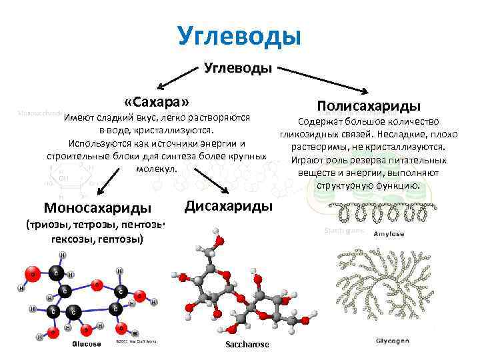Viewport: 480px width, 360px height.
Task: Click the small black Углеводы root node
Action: click(x=237, y=68)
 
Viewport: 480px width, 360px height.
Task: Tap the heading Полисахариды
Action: click(x=368, y=106)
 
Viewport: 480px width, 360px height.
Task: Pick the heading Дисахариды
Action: click(x=229, y=205)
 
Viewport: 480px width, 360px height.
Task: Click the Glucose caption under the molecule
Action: click(x=87, y=344)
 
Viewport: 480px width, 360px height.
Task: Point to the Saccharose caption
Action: click(x=247, y=344)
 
